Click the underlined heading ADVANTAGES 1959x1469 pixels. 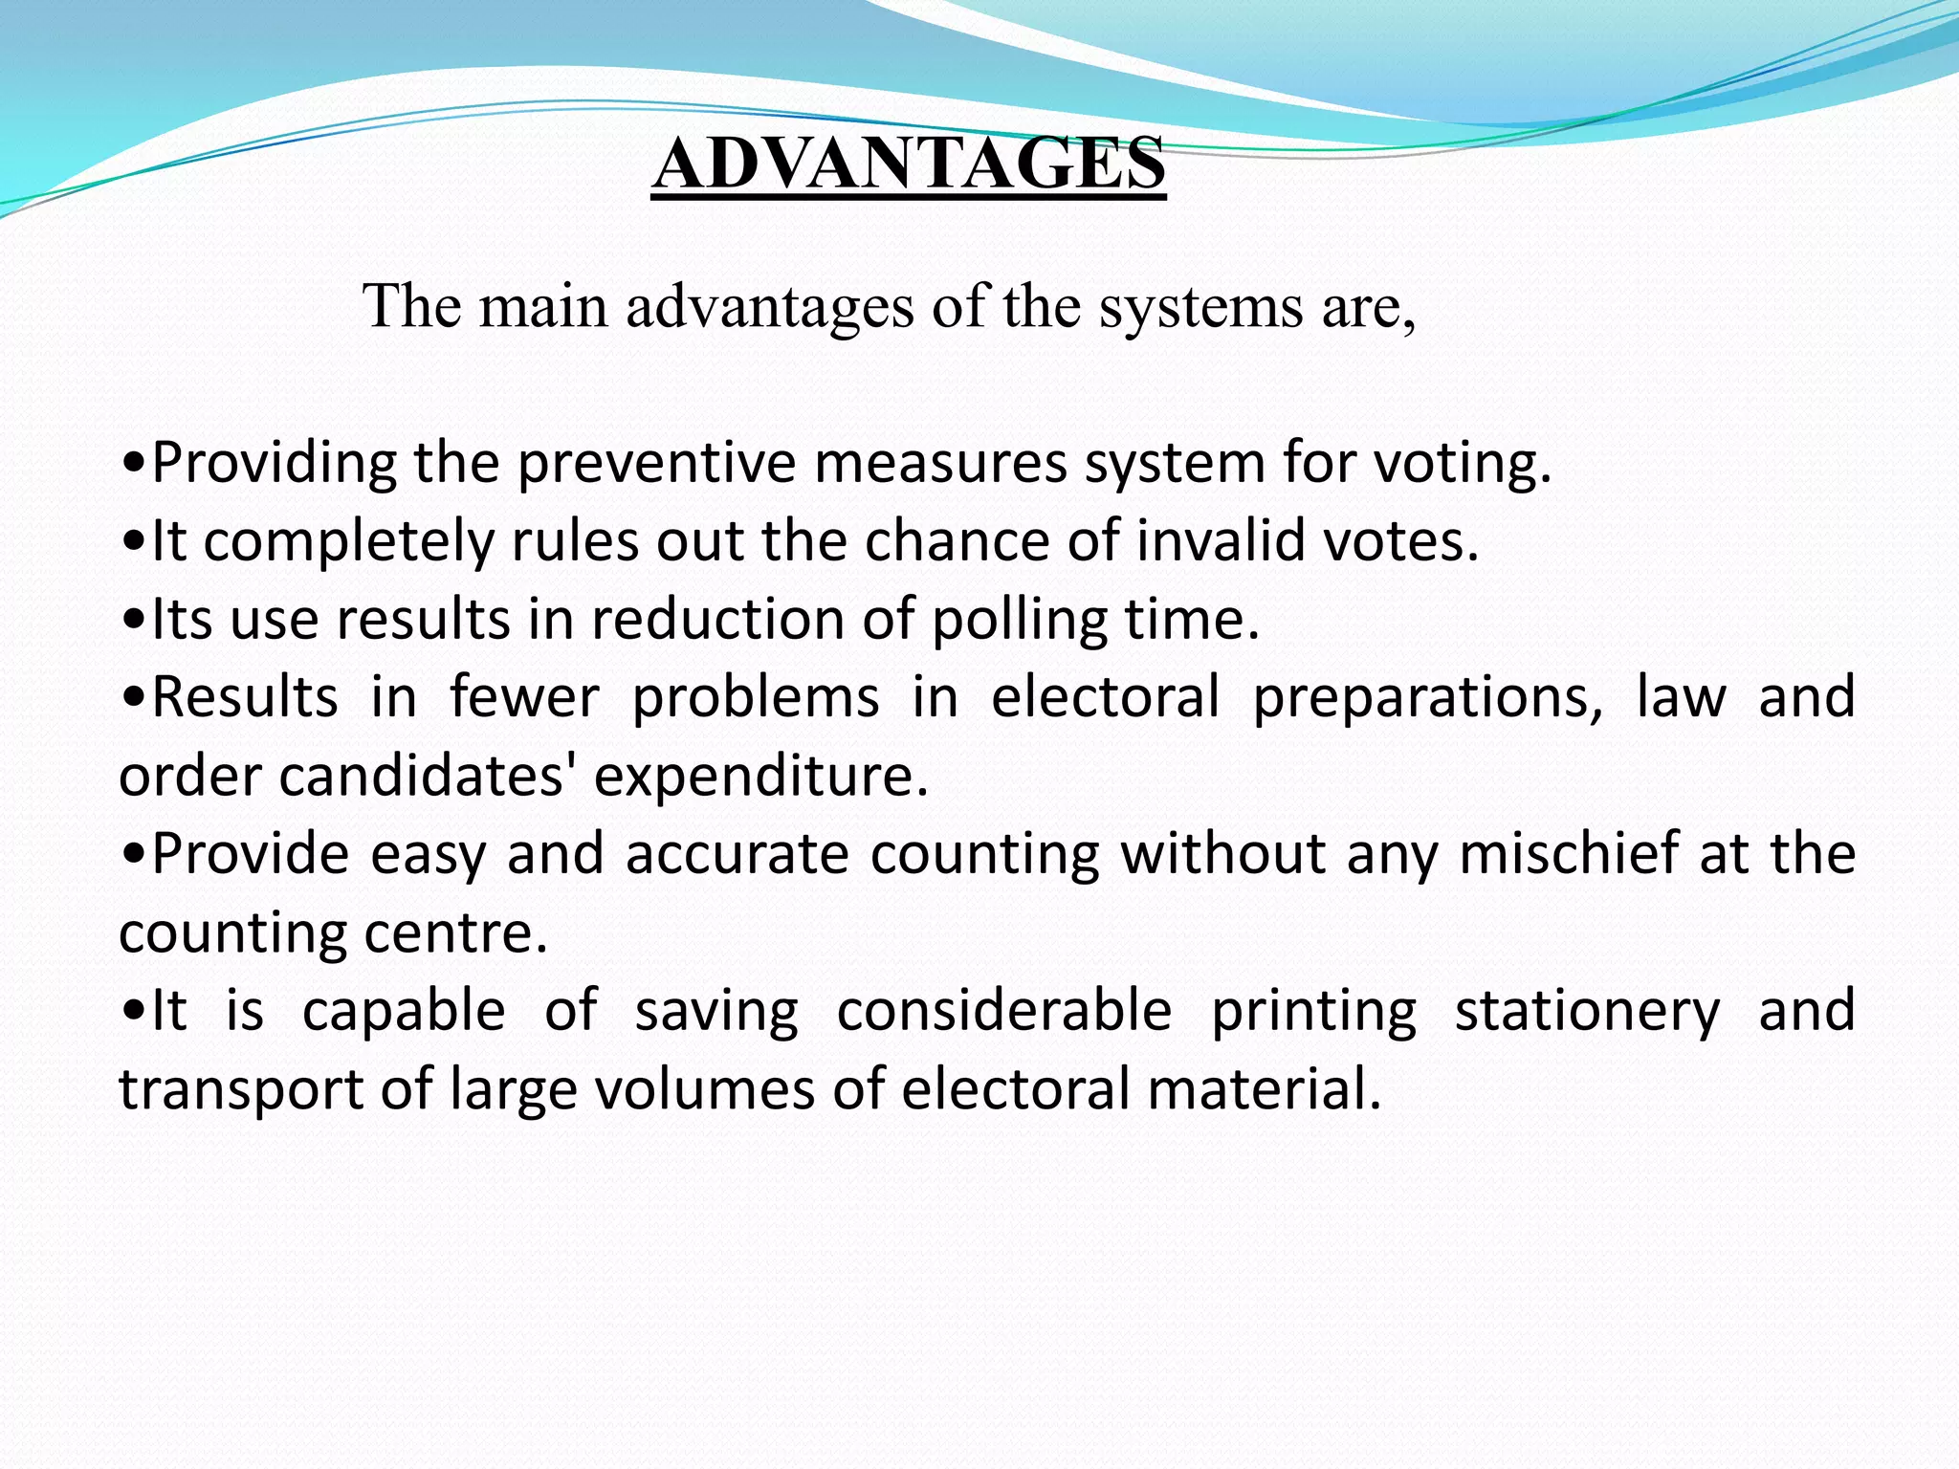coord(908,164)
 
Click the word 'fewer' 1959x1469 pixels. coord(524,696)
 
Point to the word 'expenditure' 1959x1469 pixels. coord(760,777)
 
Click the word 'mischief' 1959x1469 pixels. coord(1569,853)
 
